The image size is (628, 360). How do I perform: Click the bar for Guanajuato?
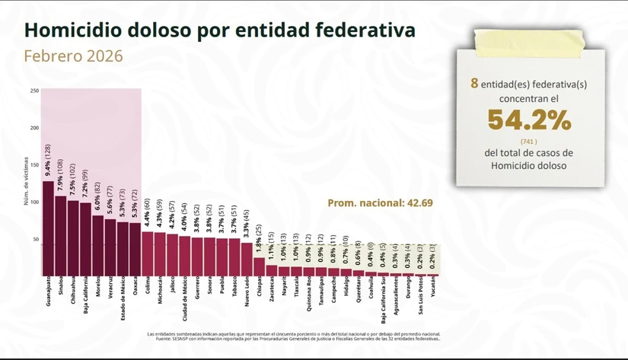[x=48, y=228]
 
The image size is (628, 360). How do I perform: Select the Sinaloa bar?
[x=60, y=236]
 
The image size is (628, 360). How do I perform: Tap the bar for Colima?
[x=147, y=253]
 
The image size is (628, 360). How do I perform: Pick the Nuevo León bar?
[x=246, y=259]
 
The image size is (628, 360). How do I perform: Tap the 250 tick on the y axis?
[x=34, y=91]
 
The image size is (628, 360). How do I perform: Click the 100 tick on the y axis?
[x=34, y=202]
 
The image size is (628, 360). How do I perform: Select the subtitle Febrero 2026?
[x=73, y=57]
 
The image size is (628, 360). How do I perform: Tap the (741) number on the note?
[x=528, y=142]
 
